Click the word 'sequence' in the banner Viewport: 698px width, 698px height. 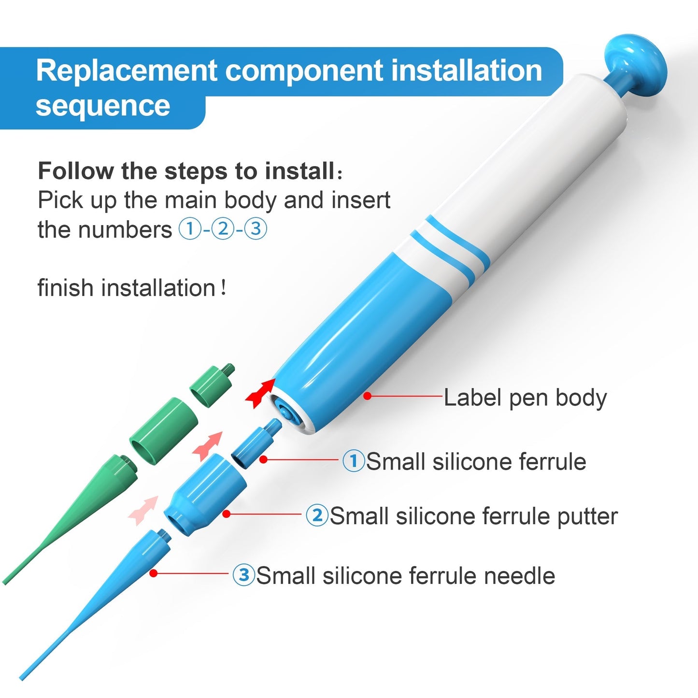(x=103, y=106)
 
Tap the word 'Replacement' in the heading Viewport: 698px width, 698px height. (x=126, y=71)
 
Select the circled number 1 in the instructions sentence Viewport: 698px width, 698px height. (x=189, y=228)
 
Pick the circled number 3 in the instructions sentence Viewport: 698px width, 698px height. (x=256, y=228)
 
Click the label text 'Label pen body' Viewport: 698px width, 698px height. (x=525, y=398)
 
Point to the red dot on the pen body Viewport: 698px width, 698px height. (x=368, y=396)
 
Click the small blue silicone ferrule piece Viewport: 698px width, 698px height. (x=255, y=443)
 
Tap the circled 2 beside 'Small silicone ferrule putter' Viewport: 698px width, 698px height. (x=317, y=515)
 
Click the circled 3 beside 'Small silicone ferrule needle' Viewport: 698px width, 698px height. (x=244, y=575)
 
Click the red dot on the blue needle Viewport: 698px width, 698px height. (x=153, y=573)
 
